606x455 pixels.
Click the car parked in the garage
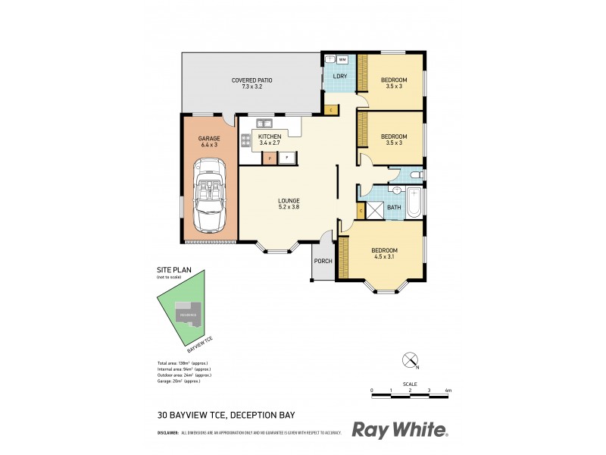(208, 195)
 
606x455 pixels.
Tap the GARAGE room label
(209, 139)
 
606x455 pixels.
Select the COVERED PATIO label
(251, 80)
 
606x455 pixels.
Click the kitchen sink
(264, 123)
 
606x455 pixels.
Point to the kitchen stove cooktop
(245, 140)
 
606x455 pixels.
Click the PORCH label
(323, 262)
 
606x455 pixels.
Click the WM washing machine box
(342, 59)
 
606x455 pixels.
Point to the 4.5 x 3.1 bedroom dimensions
(384, 257)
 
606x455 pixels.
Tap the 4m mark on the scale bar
(448, 390)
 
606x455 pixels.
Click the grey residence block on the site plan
(189, 313)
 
